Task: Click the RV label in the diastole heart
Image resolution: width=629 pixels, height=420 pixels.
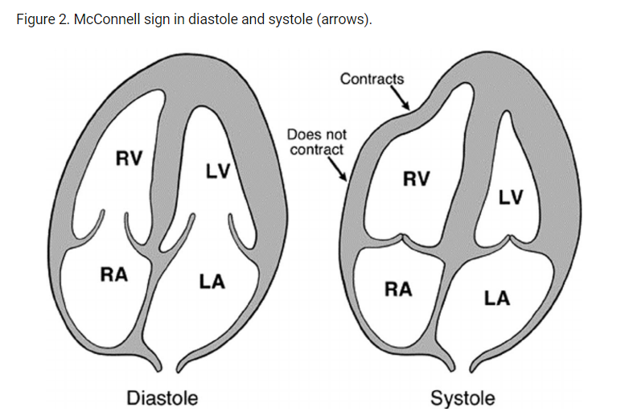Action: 129,158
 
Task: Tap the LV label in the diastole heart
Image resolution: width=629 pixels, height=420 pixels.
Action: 217,171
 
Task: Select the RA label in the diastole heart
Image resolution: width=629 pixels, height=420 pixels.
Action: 114,274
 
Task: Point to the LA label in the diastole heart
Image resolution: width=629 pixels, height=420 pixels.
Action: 212,282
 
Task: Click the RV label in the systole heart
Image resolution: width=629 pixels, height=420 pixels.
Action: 417,179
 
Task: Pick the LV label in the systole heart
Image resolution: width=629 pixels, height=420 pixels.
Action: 511,197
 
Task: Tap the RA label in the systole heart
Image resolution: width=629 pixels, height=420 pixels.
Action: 398,290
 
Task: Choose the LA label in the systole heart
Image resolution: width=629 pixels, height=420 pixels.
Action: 496,299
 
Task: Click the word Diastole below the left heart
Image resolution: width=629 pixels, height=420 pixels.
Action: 162,397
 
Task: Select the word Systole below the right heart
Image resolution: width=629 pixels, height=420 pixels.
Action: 462,397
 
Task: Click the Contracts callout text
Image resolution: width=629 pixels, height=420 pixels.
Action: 372,79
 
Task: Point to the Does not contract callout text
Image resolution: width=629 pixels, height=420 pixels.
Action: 317,142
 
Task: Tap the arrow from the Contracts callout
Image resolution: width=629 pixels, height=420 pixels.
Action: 400,98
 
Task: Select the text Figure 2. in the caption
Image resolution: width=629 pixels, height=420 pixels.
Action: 42,19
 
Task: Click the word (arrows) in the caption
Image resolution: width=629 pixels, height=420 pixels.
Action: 347,19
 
